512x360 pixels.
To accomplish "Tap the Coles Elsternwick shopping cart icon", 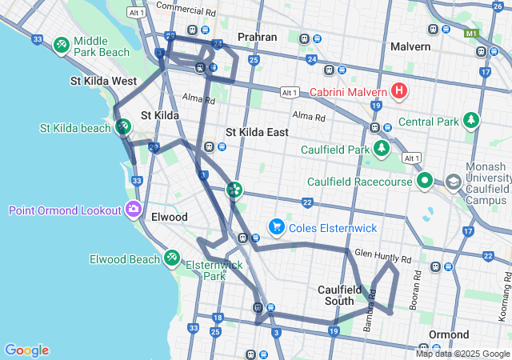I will (x=277, y=228).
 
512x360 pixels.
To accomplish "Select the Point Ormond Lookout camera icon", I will (x=133, y=210).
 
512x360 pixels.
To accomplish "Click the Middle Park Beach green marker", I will (x=62, y=46).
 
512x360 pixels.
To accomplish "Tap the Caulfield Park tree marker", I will (x=382, y=150).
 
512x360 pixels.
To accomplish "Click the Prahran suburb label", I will (x=256, y=37).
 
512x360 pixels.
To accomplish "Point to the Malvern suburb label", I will (x=410, y=46).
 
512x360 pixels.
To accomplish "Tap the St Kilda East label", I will (x=257, y=132).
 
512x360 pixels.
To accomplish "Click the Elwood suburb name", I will (x=169, y=217).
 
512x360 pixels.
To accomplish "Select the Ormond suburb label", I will (x=449, y=334).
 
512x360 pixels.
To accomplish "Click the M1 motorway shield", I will (x=471, y=34).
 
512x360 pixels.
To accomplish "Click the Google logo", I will (x=26, y=350).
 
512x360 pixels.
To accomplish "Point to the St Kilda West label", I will (x=103, y=81).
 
